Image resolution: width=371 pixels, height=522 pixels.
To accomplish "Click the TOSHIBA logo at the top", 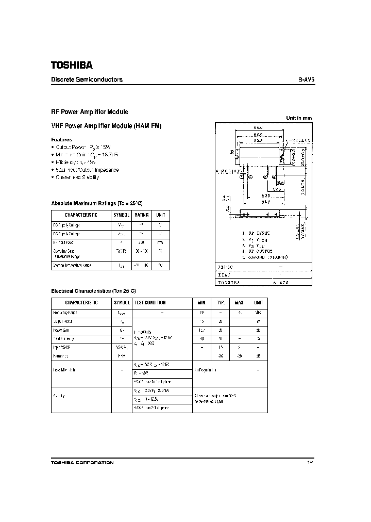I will [72, 66].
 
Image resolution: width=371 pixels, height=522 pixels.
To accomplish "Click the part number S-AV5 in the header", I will [306, 80].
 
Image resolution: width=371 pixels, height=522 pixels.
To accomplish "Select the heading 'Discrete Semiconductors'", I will [87, 80].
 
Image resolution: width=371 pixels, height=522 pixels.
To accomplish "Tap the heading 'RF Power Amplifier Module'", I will [90, 112].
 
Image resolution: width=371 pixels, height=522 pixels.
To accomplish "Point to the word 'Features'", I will [62, 140].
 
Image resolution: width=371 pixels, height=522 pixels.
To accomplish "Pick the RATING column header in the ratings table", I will [142, 215].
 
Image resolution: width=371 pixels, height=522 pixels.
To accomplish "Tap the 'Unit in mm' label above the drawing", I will [299, 118].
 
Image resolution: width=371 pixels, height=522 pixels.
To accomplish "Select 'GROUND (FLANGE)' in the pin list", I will [268, 256].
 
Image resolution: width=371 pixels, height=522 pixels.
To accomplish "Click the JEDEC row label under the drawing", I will [225, 267].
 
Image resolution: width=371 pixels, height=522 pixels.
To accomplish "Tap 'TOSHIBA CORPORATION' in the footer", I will [82, 463].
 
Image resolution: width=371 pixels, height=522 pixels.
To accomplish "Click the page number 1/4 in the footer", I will [309, 463].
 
